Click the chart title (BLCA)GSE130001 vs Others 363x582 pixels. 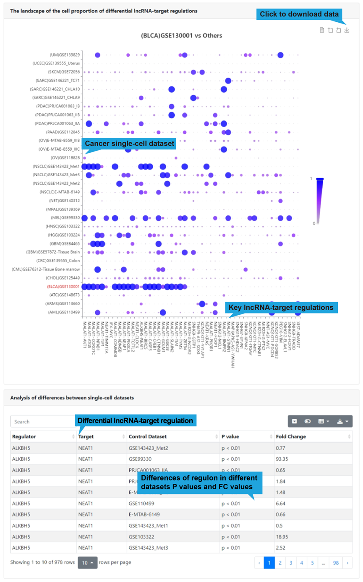[181, 35]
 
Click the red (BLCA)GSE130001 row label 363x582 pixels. [62, 287]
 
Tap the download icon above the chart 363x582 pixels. [347, 30]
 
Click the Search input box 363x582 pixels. [42, 421]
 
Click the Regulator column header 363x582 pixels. [24, 436]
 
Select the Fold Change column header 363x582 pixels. [291, 436]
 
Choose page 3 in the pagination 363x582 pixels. [290, 563]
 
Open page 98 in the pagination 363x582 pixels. [336, 563]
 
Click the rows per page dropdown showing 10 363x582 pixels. [87, 563]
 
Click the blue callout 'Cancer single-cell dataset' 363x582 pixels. [129, 144]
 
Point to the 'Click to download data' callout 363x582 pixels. [299, 14]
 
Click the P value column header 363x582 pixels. [230, 436]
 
